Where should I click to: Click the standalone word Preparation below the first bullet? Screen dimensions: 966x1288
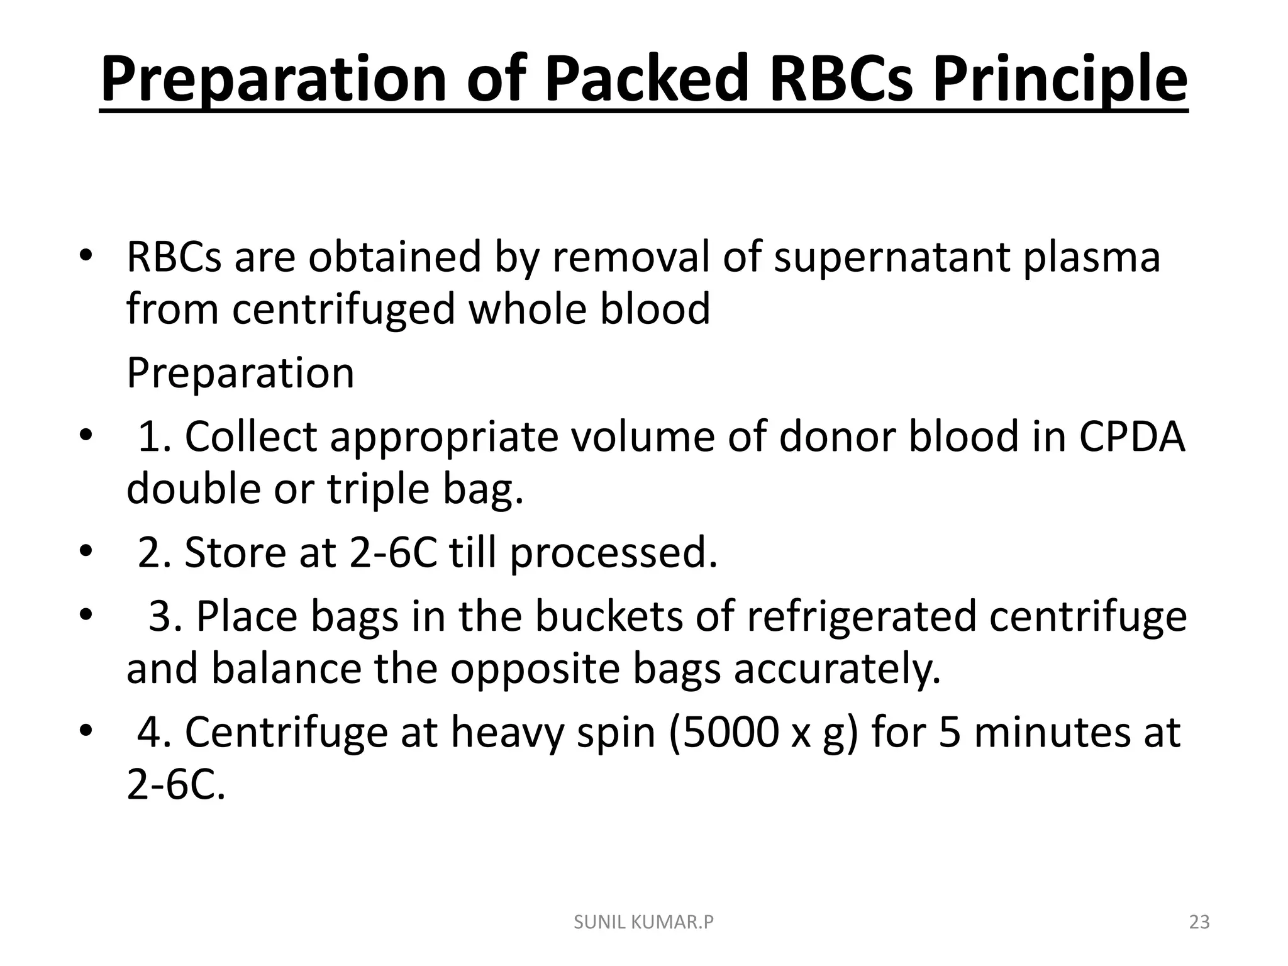tap(240, 373)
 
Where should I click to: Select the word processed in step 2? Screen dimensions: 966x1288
tap(613, 553)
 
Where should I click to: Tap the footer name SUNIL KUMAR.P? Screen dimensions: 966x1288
tap(644, 923)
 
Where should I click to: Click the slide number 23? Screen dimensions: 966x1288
tap(1199, 923)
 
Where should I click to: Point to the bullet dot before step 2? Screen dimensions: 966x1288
tap(86, 552)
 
